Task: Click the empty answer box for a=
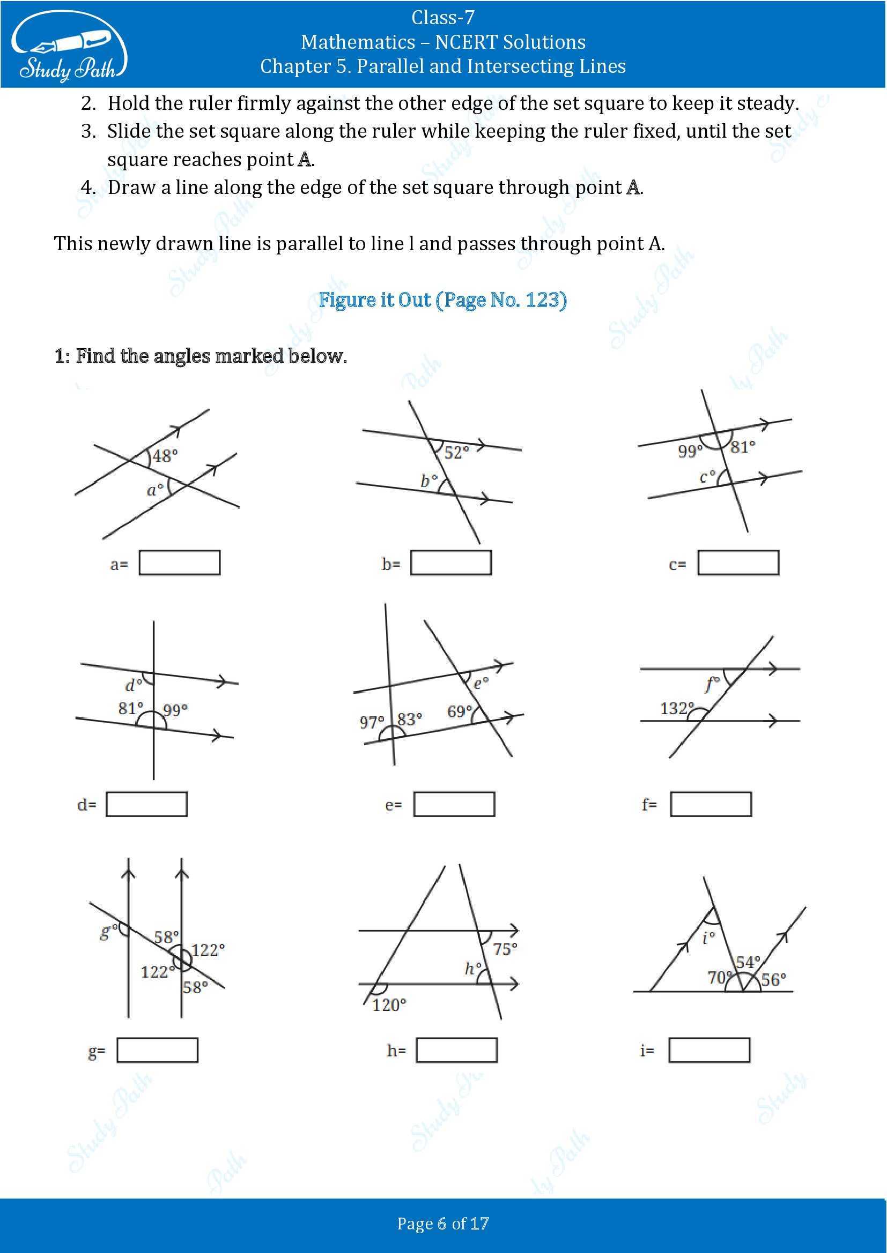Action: click(x=179, y=562)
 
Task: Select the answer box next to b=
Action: click(x=451, y=562)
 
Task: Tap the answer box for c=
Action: click(x=738, y=562)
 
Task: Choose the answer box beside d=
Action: click(x=146, y=804)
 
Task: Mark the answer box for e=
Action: click(x=454, y=804)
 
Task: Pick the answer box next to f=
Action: click(x=711, y=804)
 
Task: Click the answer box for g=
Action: click(x=157, y=1050)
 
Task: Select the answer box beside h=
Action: click(x=456, y=1050)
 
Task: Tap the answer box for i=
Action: click(x=709, y=1050)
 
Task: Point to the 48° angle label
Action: click(x=165, y=455)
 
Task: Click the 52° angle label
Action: click(x=456, y=453)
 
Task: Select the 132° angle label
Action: click(x=677, y=708)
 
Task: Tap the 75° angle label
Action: click(x=505, y=949)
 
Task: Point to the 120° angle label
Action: click(x=389, y=1004)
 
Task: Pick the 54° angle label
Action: click(x=748, y=962)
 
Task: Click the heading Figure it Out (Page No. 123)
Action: click(x=442, y=299)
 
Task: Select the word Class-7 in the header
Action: click(x=442, y=18)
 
